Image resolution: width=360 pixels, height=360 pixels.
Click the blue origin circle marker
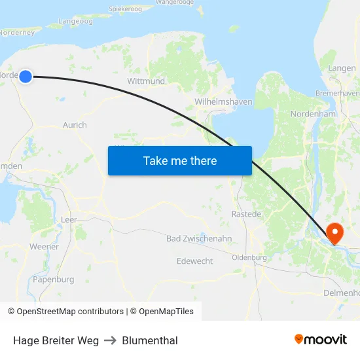coord(26,77)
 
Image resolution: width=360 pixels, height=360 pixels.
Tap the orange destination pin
coord(334,232)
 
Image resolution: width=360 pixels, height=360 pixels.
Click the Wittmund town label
coord(146,81)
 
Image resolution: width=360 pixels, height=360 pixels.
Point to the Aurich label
coord(75,125)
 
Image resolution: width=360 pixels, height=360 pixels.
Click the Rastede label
coord(247,214)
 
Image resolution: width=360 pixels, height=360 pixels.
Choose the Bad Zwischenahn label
coord(199,239)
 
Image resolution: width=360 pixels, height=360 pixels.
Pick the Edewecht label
coord(194,261)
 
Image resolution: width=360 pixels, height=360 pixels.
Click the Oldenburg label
coord(250,257)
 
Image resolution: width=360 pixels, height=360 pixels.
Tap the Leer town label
coord(68,220)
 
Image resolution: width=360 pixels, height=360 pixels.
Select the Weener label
coord(44,247)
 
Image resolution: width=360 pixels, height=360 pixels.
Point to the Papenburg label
coord(52,279)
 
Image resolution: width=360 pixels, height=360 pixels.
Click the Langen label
coord(342,68)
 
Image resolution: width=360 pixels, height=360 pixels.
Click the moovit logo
coord(321,339)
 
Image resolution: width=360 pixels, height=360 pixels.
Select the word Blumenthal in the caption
coord(150,340)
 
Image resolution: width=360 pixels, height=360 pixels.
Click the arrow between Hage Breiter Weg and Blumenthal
coord(110,340)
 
